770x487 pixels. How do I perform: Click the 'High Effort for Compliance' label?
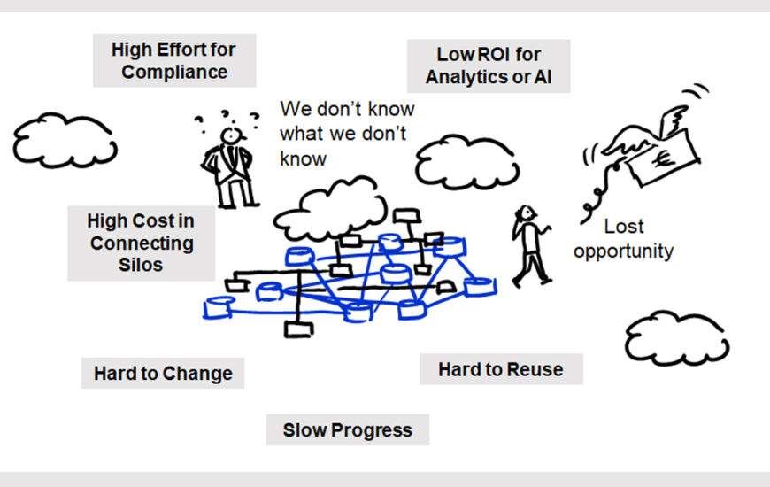tap(174, 60)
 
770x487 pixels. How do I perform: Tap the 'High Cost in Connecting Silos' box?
tap(141, 243)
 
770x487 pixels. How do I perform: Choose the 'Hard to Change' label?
tap(163, 373)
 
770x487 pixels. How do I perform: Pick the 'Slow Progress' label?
tap(347, 430)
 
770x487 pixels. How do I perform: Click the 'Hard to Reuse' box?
tap(500, 368)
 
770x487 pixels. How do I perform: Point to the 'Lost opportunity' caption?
tap(623, 238)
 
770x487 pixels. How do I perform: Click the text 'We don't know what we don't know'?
tap(346, 134)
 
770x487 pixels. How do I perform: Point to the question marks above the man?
tap(229, 117)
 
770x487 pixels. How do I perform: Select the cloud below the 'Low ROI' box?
tap(460, 160)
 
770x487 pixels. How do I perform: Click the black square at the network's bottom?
tap(298, 329)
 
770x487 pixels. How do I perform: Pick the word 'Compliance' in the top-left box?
tap(174, 72)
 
